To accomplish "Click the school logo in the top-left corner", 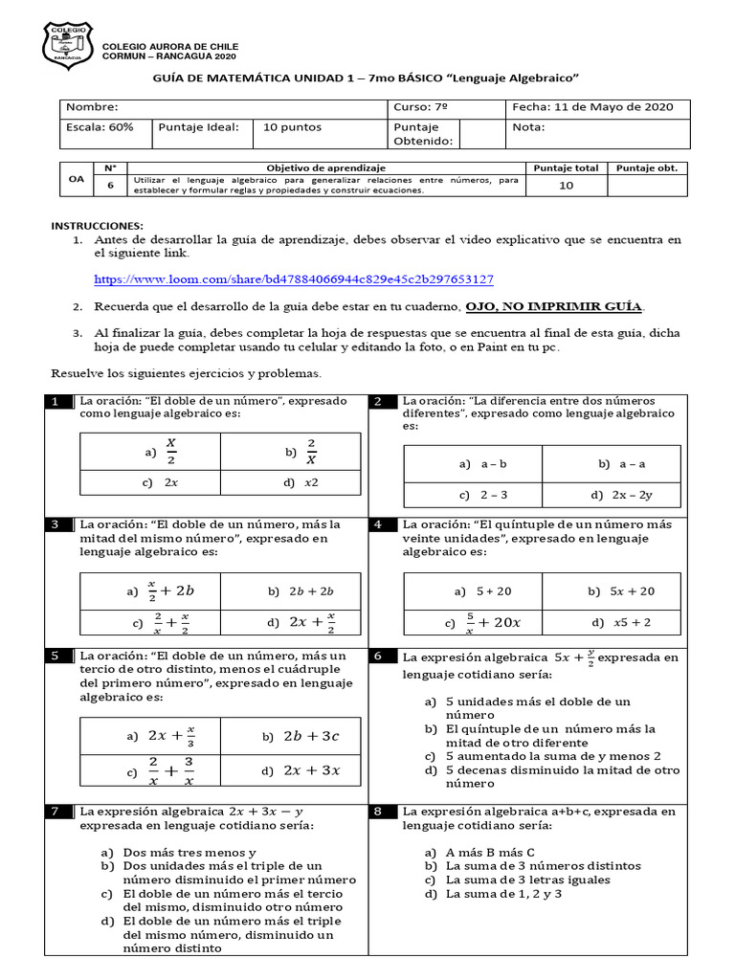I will click(x=68, y=45).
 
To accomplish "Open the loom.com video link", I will click(x=293, y=279).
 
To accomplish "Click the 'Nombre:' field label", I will click(x=92, y=107).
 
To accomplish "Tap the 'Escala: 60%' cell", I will click(x=100, y=127).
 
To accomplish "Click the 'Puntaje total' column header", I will click(x=566, y=167).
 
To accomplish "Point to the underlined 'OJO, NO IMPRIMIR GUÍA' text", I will click(x=554, y=306).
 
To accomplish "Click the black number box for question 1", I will click(x=58, y=401).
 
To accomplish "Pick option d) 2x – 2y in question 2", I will click(x=621, y=495).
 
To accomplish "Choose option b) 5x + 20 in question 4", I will click(x=621, y=591).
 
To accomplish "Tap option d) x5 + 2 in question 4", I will click(x=621, y=622).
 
